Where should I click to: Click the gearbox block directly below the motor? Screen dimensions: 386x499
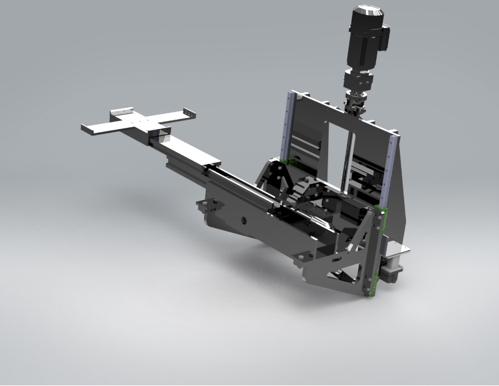pyautogui.click(x=358, y=82)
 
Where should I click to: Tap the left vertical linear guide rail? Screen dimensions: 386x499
pyautogui.click(x=287, y=125)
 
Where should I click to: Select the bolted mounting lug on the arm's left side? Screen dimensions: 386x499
pyautogui.click(x=210, y=206)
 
